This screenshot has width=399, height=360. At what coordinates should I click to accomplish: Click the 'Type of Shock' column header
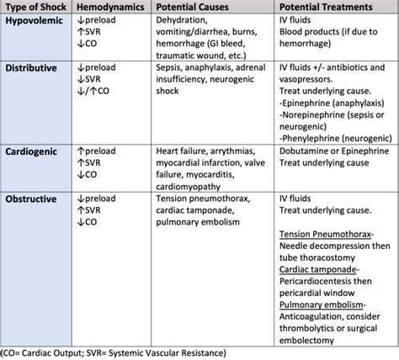coord(34,7)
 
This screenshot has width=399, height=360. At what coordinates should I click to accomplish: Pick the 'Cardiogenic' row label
coord(34,151)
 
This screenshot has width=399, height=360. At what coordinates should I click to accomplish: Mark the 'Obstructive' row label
coord(34,199)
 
